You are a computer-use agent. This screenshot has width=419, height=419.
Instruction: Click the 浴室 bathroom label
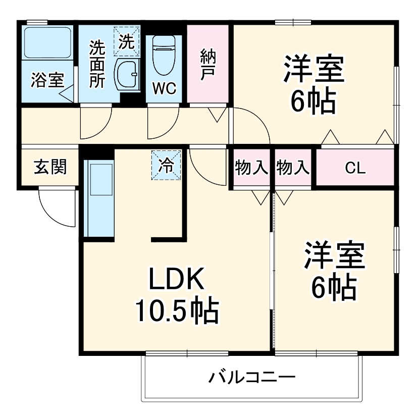(47, 80)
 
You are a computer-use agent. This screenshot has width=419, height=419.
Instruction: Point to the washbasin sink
(127, 75)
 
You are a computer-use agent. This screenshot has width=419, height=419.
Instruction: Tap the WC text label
(164, 89)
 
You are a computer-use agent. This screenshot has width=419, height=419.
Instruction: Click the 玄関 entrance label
(50, 167)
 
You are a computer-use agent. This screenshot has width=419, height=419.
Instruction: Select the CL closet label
(355, 168)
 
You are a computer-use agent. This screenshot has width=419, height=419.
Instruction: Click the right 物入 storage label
(293, 168)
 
